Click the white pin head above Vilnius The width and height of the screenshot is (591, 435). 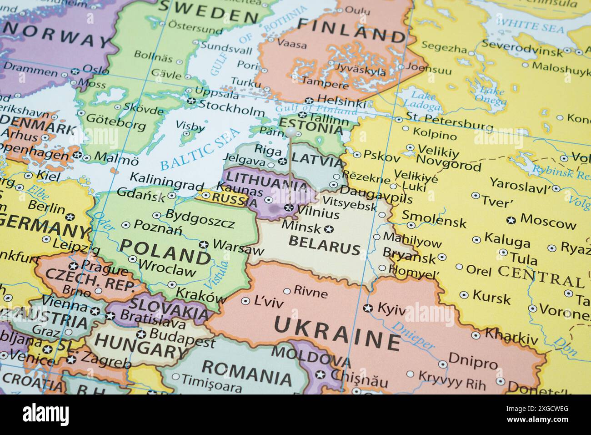(x=290, y=132)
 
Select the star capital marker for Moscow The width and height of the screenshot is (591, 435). (x=511, y=220)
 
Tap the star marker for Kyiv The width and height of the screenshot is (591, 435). (x=368, y=308)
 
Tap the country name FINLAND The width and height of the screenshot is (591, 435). (x=351, y=31)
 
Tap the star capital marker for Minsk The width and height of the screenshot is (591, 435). (x=329, y=228)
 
